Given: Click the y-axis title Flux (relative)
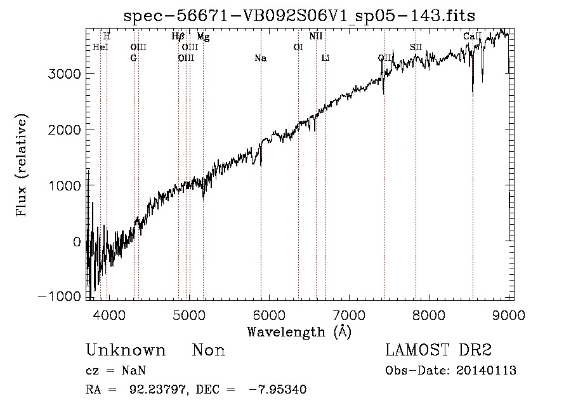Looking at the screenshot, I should click(x=22, y=166).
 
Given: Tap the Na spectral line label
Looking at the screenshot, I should click(x=260, y=58).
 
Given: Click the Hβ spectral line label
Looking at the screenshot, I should click(x=178, y=37).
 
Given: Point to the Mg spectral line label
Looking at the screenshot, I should click(x=203, y=37).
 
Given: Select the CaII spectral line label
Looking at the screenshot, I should click(x=473, y=37).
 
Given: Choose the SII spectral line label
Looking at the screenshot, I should click(x=416, y=47).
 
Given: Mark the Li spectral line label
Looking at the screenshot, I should click(x=325, y=58).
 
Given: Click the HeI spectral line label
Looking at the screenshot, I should click(x=100, y=47).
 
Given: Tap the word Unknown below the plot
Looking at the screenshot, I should click(x=126, y=350).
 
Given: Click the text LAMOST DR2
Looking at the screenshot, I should click(x=438, y=350).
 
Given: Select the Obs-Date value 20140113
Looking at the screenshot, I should click(x=487, y=371).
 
